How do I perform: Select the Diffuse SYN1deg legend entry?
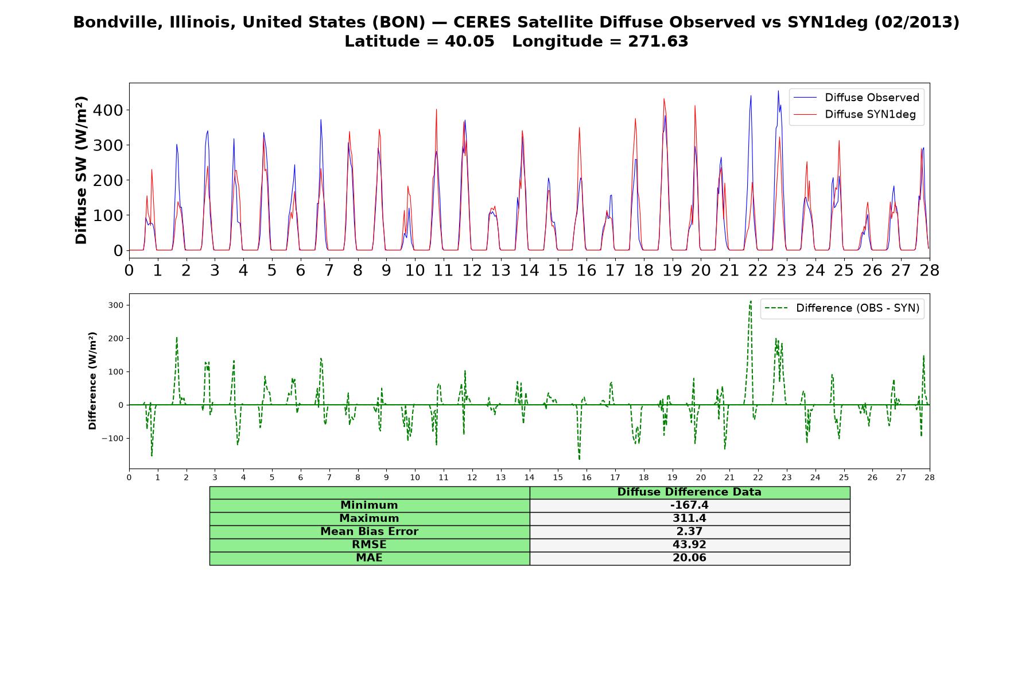pyautogui.click(x=855, y=114)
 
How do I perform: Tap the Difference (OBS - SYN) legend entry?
pyautogui.click(x=842, y=308)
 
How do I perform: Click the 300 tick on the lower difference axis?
pyautogui.click(x=115, y=305)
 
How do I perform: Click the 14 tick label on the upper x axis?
pyautogui.click(x=529, y=270)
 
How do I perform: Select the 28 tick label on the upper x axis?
pyautogui.click(x=929, y=270)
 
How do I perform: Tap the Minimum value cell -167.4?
pyautogui.click(x=689, y=505)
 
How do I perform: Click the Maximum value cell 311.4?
pyautogui.click(x=689, y=518)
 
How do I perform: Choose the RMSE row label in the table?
pyautogui.click(x=369, y=545)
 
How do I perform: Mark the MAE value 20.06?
pyautogui.click(x=689, y=558)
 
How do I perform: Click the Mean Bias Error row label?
pyautogui.click(x=369, y=532)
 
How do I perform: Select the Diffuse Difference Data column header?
pyautogui.click(x=689, y=492)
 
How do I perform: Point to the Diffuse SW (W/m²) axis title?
pyautogui.click(x=81, y=170)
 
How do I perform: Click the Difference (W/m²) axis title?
pyautogui.click(x=92, y=381)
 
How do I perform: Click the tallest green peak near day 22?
pyautogui.click(x=751, y=300)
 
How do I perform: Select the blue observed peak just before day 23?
pyautogui.click(x=778, y=91)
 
